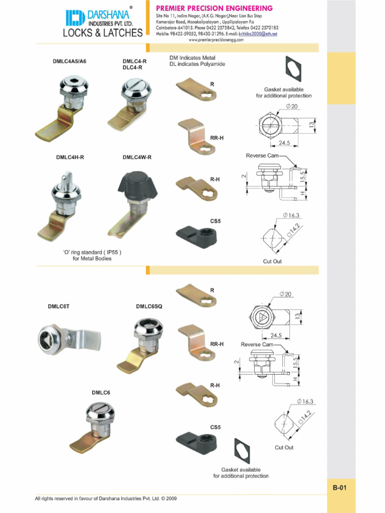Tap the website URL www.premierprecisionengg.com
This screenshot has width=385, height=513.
216,40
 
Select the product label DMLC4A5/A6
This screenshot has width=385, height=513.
70,62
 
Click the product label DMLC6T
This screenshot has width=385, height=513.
59,306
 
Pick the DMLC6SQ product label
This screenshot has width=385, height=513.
149,306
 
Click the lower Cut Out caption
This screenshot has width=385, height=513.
284,447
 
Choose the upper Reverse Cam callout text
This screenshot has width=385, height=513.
262,156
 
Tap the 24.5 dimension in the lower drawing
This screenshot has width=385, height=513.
276,335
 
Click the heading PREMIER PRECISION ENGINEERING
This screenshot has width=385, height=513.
215,8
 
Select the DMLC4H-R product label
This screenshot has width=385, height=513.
70,157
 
